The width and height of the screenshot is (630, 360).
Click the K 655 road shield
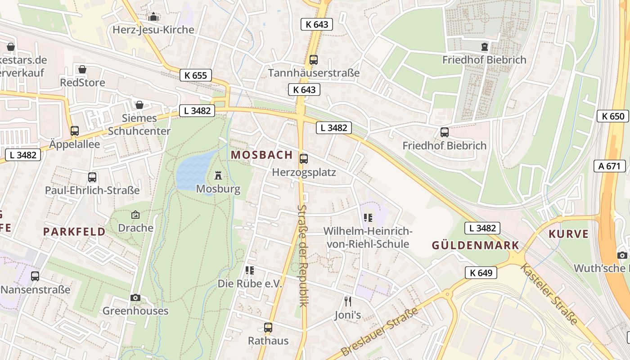[196, 75]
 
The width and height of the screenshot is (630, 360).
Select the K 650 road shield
[613, 116]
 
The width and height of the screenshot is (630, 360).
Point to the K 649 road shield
[481, 272]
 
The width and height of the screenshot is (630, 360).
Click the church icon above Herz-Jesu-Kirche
[153, 17]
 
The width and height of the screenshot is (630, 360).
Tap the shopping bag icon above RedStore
[82, 69]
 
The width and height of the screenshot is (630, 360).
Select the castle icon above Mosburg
[219, 175]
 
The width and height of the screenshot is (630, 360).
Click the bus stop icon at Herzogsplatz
[304, 158]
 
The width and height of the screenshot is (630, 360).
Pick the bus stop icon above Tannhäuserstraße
[314, 59]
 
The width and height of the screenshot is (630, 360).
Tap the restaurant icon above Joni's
[347, 301]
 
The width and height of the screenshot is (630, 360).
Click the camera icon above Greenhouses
[135, 297]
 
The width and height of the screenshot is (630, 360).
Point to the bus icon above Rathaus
[268, 327]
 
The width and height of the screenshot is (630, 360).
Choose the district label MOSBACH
[261, 155]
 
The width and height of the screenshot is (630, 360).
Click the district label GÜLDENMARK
[475, 245]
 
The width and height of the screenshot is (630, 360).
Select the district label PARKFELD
[74, 232]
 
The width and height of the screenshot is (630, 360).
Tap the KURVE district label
[568, 234]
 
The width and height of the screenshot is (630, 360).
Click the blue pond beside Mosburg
[194, 171]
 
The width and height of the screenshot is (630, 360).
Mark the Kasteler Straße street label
[549, 294]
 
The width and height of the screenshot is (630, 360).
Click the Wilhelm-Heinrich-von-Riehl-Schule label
[368, 238]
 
